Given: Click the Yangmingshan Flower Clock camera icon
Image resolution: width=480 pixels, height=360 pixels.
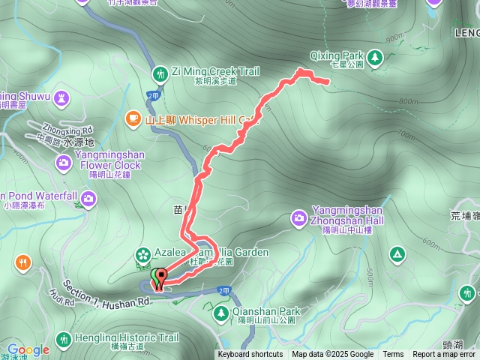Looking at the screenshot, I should click(64, 162).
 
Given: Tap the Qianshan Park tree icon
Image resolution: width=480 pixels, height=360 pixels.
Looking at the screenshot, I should click(221, 312).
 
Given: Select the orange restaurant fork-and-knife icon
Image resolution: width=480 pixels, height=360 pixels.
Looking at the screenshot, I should click(23, 262).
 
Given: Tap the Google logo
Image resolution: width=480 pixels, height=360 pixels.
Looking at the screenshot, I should click(28, 349).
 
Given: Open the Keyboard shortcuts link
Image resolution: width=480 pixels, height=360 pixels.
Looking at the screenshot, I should click(250, 355).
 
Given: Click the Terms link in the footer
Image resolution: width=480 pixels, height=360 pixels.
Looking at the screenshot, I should click(393, 355).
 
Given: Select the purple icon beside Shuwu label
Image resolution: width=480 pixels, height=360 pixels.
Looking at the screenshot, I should click(62, 96).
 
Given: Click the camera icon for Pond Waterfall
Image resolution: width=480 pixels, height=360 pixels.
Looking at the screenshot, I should click(89, 198).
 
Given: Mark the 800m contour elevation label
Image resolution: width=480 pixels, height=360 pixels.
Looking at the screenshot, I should click(409, 102).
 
